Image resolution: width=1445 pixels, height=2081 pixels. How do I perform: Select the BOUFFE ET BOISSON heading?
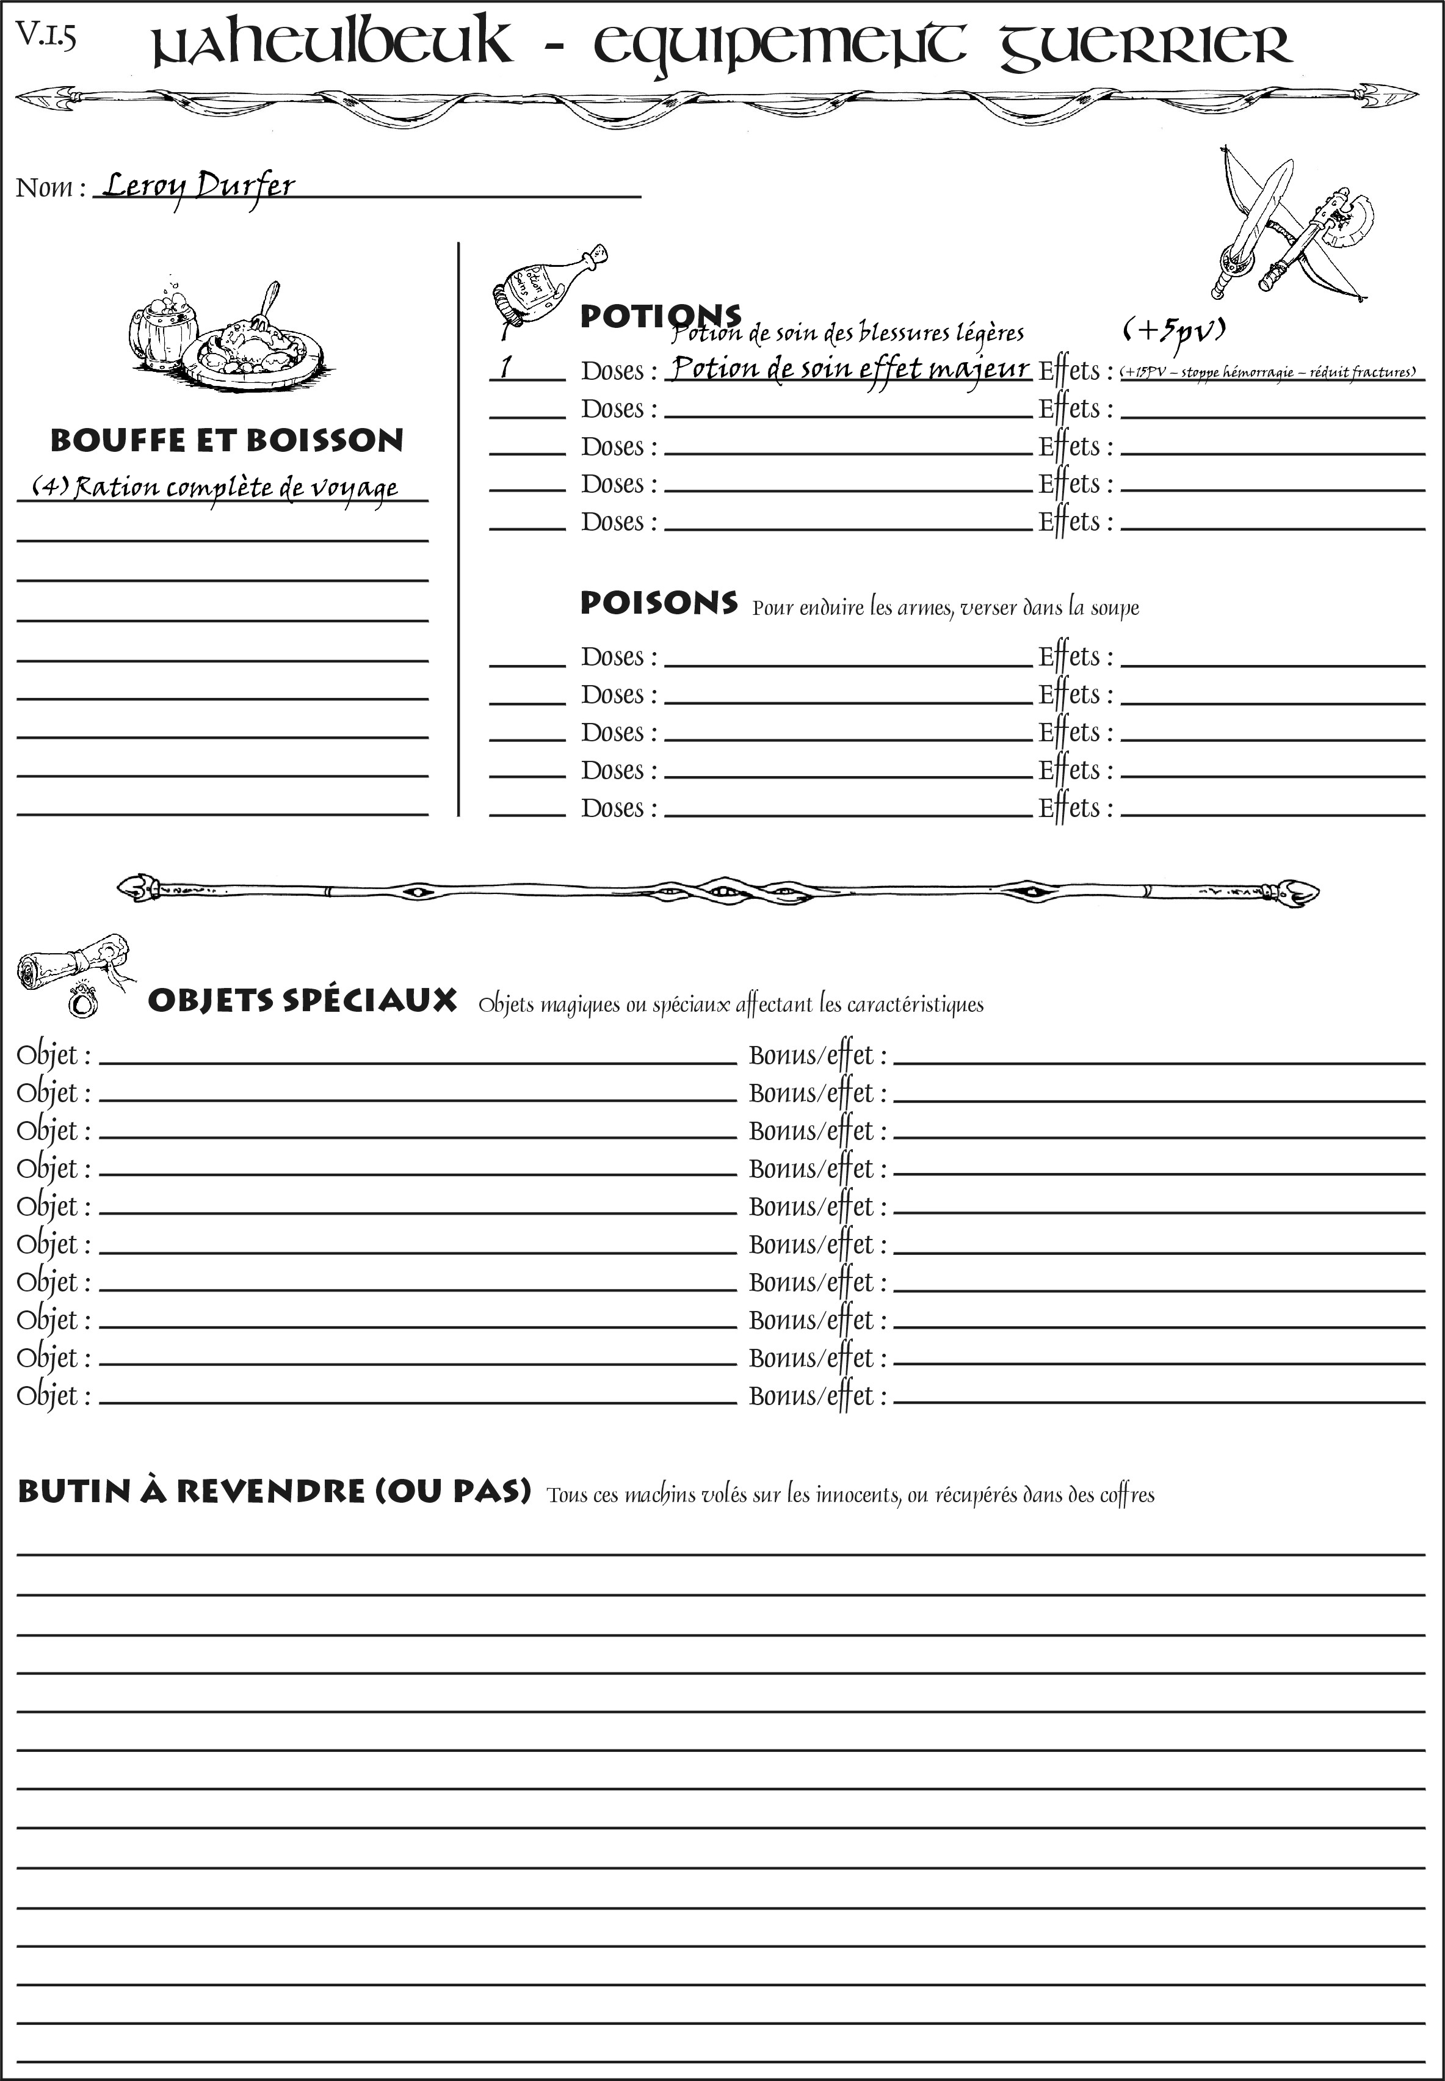[x=226, y=440]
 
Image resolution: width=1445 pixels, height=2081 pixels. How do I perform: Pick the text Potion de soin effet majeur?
[x=849, y=369]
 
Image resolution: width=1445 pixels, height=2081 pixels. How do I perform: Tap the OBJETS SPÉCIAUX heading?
[x=302, y=1001]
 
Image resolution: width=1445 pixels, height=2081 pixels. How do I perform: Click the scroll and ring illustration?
[x=73, y=973]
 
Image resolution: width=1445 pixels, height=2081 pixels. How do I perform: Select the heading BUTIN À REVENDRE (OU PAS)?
[x=273, y=1491]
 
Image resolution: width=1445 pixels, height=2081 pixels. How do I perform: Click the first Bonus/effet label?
[x=817, y=1055]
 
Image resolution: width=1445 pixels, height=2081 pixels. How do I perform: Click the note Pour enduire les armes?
[x=944, y=607]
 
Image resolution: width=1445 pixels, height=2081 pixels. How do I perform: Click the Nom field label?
[x=50, y=187]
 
